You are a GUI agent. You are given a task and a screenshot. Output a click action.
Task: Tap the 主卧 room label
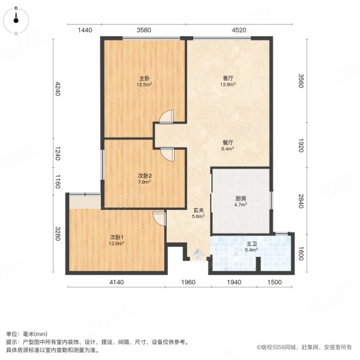[145, 78]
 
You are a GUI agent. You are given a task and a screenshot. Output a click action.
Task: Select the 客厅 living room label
[227, 78]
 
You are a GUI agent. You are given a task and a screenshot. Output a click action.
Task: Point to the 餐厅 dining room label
[227, 142]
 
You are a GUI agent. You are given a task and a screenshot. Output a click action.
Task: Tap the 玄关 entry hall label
[199, 211]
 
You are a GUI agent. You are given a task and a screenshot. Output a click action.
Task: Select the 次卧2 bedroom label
[145, 175]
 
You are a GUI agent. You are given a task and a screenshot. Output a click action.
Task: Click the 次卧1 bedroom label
[116, 236]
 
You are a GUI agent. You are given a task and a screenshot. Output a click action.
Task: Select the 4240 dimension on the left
[58, 89]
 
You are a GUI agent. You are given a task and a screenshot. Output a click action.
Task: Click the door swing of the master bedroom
[167, 116]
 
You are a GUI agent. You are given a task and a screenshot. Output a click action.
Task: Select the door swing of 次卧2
[167, 154]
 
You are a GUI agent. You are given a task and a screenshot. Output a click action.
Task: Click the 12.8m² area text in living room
[227, 85]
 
